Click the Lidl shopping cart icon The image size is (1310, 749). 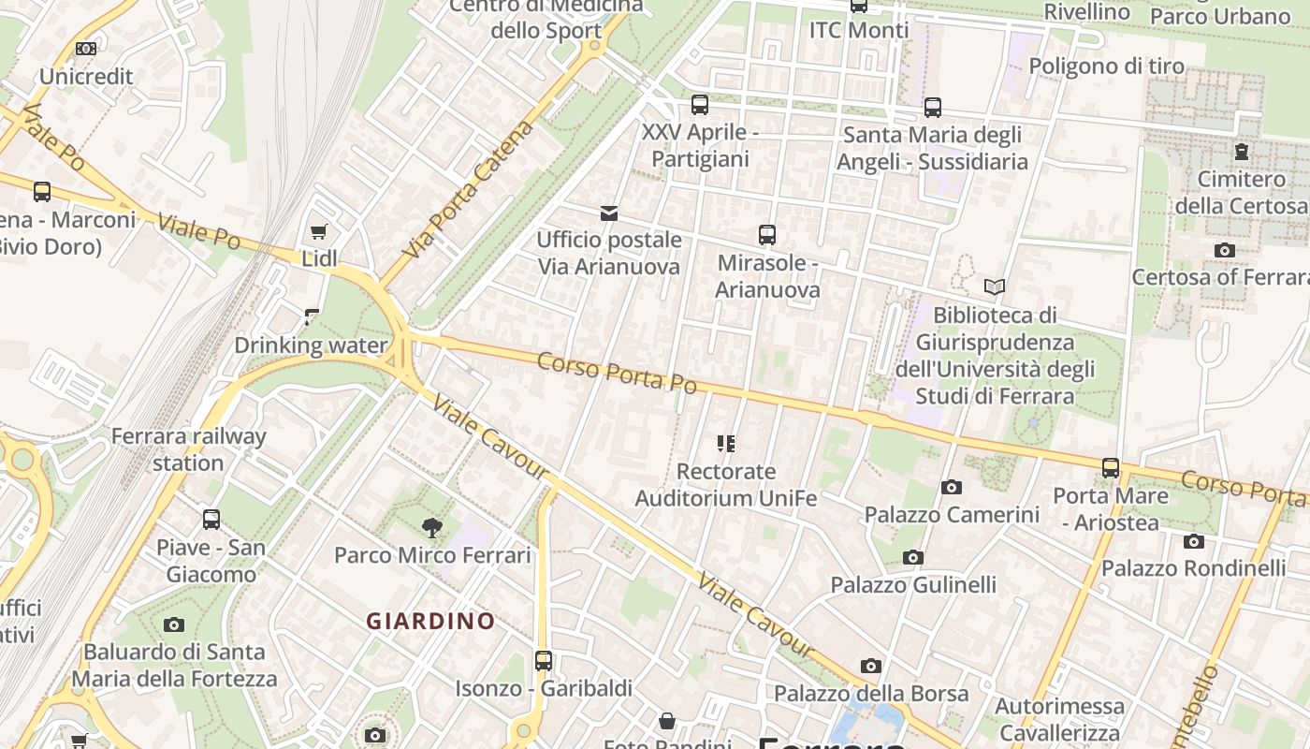pos(318,231)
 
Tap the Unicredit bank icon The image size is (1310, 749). pos(85,49)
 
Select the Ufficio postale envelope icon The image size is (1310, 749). pos(609,213)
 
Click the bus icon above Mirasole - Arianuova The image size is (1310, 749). pos(767,235)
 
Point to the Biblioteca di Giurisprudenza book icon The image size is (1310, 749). pos(995,286)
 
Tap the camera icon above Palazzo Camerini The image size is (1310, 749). pos(952,487)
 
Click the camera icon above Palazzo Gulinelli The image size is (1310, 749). pos(913,558)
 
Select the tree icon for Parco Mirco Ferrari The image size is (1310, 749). pos(431,528)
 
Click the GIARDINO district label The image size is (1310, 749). pos(430,621)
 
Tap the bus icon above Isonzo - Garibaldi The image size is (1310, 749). pos(544,661)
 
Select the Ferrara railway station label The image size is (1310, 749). pos(189,449)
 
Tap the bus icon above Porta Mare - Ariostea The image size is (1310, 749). pos(1111,468)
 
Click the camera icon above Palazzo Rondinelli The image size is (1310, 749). pos(1193,541)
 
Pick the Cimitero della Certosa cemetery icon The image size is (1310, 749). pos(1241,151)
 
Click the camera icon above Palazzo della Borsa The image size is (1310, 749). pos(871,667)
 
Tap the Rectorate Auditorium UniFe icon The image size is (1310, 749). pos(726,444)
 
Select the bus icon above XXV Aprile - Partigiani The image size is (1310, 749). pos(700,105)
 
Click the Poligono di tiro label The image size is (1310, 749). pos(1106,66)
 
